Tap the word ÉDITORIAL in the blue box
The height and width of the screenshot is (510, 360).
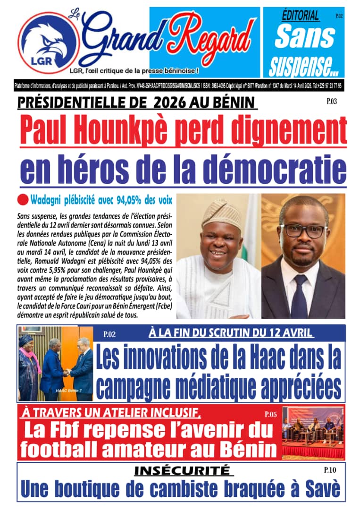coord(300,16)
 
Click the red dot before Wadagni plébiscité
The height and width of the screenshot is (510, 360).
coord(23,199)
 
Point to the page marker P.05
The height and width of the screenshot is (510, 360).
coord(270,415)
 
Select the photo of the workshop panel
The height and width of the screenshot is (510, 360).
coord(313,432)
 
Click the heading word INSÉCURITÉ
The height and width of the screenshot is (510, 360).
coord(183,470)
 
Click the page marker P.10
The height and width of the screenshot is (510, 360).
coord(330,470)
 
